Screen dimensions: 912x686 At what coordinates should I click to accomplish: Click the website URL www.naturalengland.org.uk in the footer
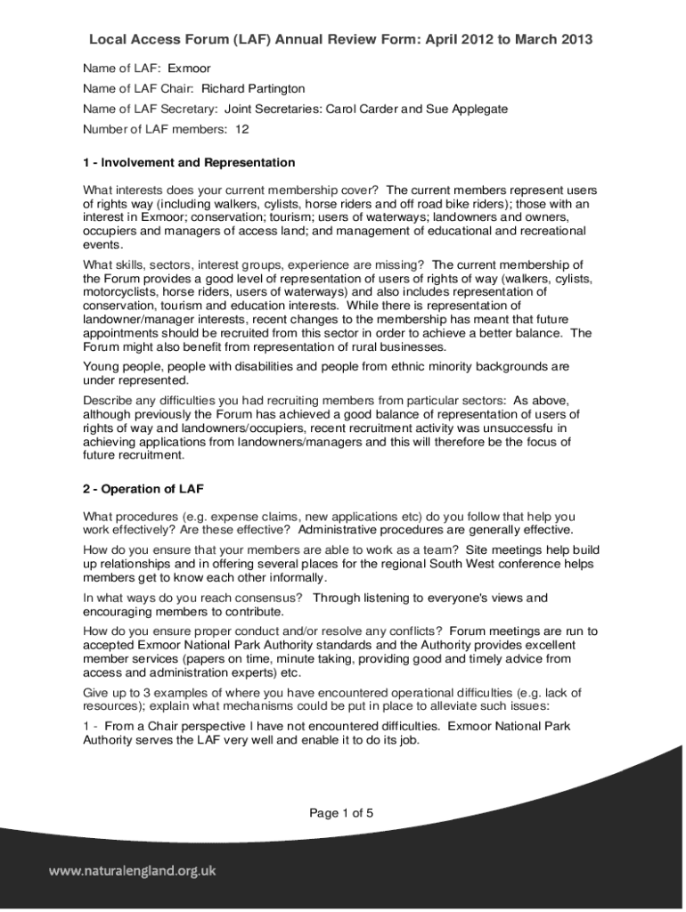pos(132,872)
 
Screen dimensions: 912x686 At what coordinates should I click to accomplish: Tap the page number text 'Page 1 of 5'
pos(341,812)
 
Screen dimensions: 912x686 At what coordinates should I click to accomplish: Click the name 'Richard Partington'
pos(253,88)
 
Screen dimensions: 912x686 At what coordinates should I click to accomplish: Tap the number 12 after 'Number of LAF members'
pos(242,129)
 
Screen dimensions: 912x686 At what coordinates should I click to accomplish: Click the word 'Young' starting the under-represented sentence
pos(102,366)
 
